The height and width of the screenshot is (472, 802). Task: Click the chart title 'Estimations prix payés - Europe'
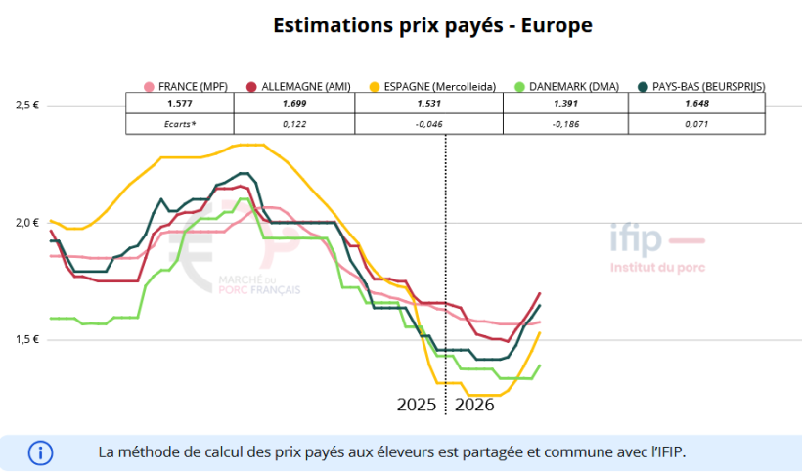tap(432, 25)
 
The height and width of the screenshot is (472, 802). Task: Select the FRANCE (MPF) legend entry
tap(186, 86)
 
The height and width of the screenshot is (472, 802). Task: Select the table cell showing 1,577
tap(180, 104)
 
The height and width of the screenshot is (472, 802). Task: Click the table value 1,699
tap(294, 104)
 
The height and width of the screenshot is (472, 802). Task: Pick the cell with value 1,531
tap(429, 104)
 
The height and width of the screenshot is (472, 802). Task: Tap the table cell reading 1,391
tap(566, 104)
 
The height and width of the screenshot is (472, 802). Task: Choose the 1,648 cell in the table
tap(696, 104)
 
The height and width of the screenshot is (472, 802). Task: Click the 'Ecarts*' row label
tap(180, 124)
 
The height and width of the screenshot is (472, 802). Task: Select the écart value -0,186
tap(566, 124)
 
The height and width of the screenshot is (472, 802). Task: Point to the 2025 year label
tap(418, 404)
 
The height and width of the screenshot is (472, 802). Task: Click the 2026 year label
tap(475, 404)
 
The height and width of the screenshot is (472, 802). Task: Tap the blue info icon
tap(40, 452)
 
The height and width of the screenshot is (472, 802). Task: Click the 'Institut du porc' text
tap(656, 267)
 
